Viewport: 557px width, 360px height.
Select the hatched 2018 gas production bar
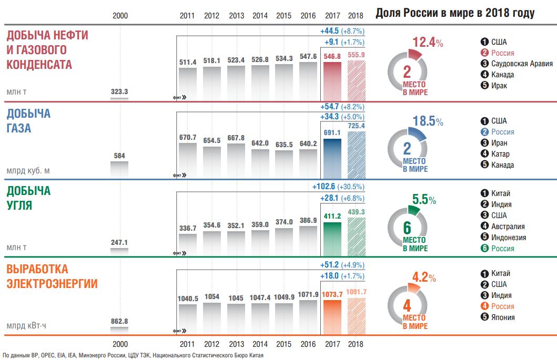click(357, 153)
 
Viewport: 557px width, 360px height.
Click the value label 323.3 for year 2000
click(119, 91)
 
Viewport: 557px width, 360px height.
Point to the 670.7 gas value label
click(188, 138)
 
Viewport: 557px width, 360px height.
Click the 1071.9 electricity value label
click(308, 294)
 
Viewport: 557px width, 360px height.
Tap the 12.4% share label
click(428, 43)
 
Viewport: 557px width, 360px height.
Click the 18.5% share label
click(428, 121)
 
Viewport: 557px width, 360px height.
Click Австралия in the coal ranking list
click(508, 227)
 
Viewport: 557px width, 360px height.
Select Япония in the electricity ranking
click(503, 317)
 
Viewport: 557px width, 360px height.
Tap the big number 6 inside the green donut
click(407, 227)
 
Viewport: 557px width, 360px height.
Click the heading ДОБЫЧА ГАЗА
click(28, 121)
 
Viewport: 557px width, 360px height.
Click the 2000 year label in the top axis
click(120, 15)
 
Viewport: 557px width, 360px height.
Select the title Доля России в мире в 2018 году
click(455, 14)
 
